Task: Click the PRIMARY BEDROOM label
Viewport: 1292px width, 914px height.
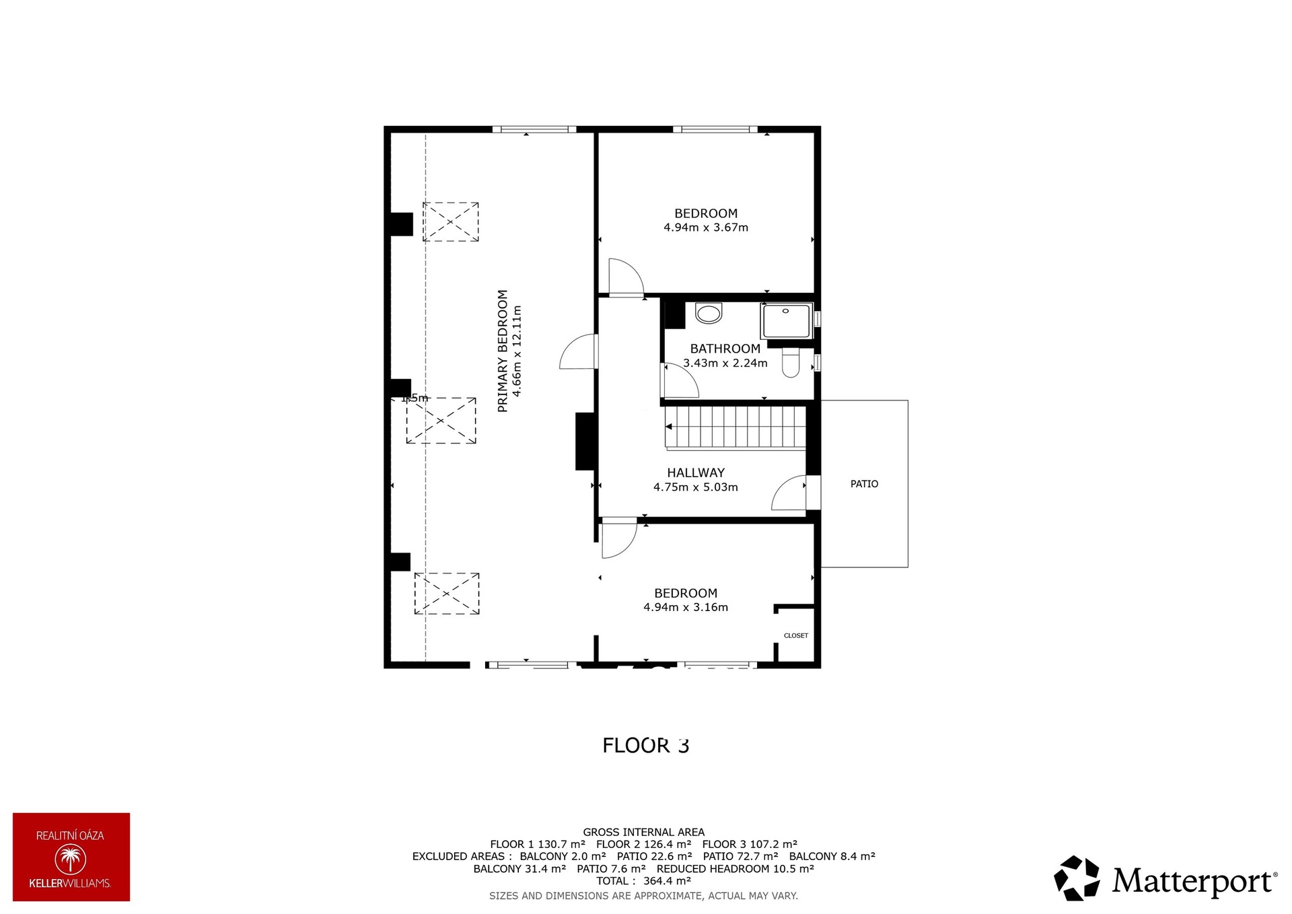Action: tap(503, 351)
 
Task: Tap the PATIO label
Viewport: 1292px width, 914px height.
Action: tap(864, 484)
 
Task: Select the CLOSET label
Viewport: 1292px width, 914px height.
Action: tap(796, 635)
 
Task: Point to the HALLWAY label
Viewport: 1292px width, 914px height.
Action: tap(696, 473)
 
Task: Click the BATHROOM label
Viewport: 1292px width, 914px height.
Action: tap(725, 349)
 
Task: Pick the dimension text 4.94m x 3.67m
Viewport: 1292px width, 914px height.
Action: tap(706, 227)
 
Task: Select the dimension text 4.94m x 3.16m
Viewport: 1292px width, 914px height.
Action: tap(686, 607)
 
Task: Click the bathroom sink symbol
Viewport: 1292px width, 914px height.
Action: tap(709, 313)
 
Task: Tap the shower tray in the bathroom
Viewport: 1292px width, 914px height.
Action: tap(787, 321)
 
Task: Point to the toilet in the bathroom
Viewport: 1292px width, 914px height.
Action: tap(791, 363)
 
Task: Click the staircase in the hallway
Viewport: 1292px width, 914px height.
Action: tap(735, 427)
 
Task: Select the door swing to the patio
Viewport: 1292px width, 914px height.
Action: tap(788, 493)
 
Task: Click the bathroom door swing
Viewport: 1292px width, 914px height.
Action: tap(680, 381)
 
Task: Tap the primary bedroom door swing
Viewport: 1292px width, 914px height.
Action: tap(578, 351)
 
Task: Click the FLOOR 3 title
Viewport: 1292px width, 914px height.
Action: tap(646, 746)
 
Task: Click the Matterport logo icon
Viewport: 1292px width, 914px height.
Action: tap(1077, 878)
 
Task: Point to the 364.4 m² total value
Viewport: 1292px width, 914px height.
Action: tap(667, 881)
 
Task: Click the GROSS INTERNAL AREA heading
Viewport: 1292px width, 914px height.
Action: tap(644, 833)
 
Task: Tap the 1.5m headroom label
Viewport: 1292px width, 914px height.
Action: tap(415, 398)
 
